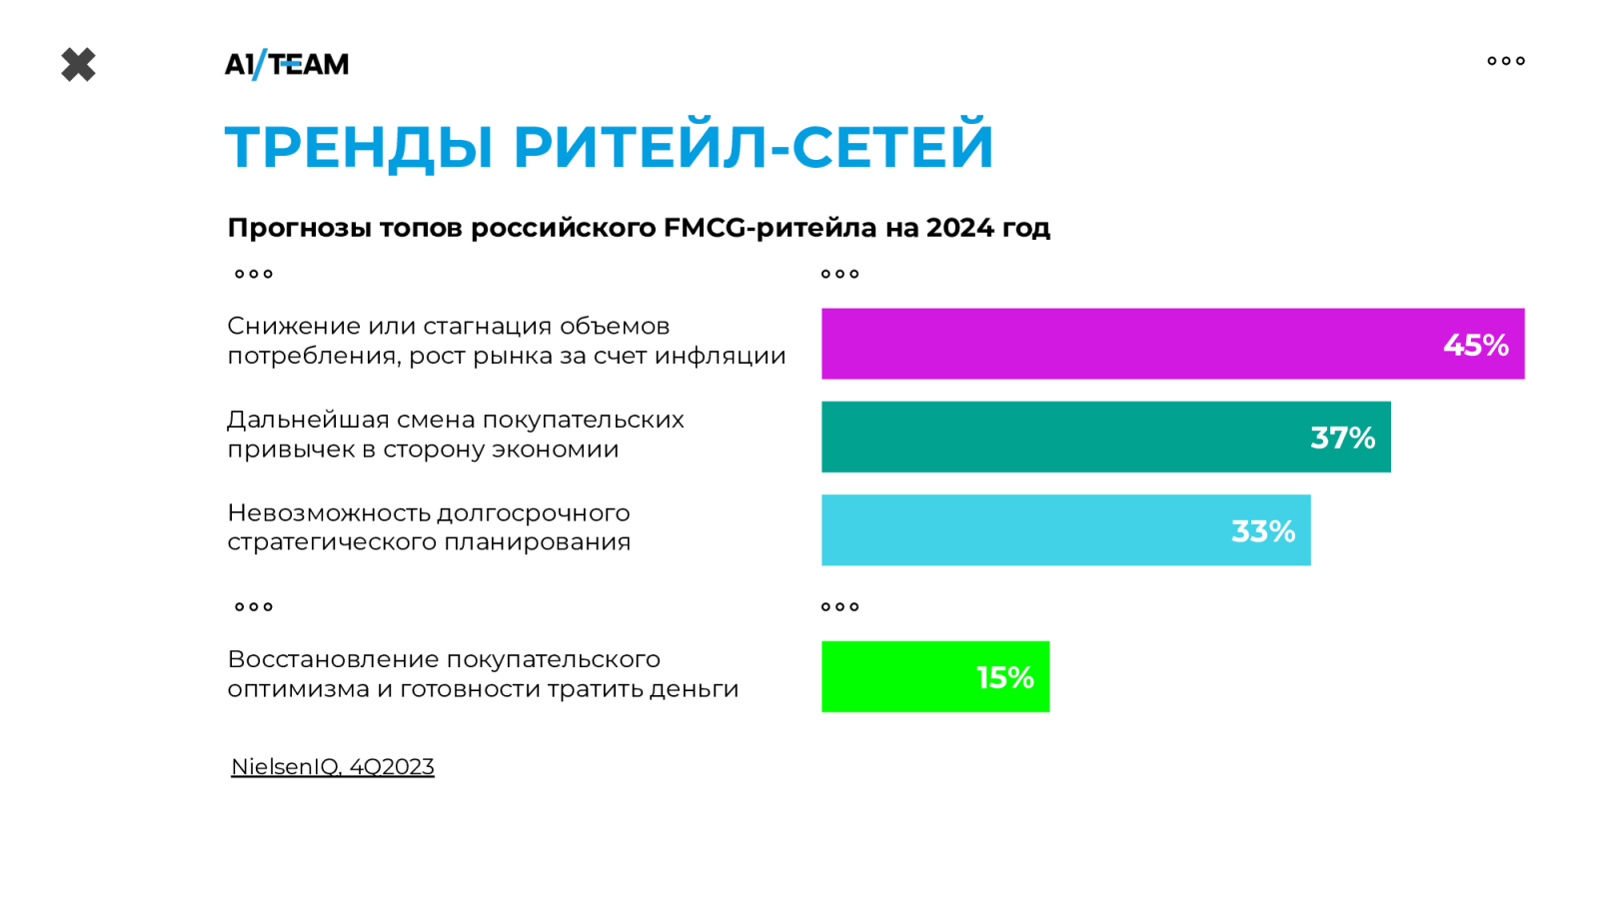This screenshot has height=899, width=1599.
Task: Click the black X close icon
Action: point(79,65)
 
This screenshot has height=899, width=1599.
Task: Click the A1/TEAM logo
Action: point(286,64)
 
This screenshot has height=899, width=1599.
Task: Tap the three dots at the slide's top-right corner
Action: point(1506,61)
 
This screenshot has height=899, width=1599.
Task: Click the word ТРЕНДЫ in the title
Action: point(359,147)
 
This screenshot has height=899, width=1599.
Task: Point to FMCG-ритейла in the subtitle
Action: point(771,229)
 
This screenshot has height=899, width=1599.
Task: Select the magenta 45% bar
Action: point(1173,344)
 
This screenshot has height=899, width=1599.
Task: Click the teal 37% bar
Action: point(1105,437)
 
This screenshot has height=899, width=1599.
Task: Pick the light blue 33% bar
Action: point(1065,530)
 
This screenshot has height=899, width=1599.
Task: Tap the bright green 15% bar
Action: point(935,676)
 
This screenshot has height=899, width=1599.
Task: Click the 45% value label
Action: point(1475,346)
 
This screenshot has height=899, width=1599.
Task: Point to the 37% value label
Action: point(1342,439)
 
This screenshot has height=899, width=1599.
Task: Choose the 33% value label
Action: point(1263,531)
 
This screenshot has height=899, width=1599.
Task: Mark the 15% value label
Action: point(1004,678)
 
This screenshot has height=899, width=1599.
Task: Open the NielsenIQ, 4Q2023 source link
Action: point(333,767)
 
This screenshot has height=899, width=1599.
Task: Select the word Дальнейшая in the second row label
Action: point(309,421)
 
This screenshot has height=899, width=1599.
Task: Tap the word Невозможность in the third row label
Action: point(328,513)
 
